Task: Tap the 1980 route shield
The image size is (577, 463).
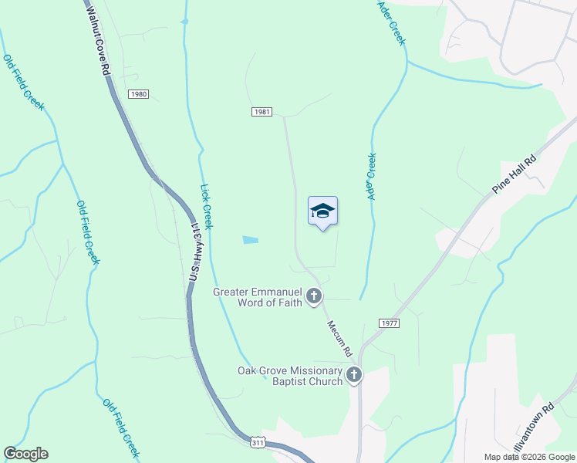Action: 138,94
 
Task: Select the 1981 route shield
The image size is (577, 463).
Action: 262,112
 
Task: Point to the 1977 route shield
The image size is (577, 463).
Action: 389,323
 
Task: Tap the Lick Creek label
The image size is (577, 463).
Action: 206,206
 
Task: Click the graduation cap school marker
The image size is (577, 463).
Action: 322,211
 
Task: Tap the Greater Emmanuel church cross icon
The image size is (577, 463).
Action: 314,296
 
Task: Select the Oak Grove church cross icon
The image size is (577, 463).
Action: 353,375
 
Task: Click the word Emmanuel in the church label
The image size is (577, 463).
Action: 272,291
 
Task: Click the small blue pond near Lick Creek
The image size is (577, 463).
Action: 250,240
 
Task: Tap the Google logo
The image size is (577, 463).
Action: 25,454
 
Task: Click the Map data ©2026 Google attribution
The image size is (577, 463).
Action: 529,457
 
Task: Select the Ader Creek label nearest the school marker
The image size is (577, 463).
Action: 372,177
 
